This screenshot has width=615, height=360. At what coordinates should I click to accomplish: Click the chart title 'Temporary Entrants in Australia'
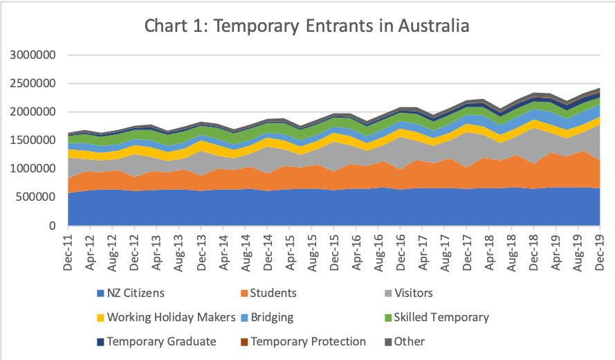[307, 26]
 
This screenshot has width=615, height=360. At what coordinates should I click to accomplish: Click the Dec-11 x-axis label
[68, 251]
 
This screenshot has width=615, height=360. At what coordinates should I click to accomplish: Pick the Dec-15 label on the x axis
[334, 251]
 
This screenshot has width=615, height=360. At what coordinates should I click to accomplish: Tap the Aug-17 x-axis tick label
[446, 251]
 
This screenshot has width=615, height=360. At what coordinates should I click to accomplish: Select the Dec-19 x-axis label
[600, 251]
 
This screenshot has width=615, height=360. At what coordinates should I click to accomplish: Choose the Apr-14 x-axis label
[223, 251]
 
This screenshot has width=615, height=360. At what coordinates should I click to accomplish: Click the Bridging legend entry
[272, 317]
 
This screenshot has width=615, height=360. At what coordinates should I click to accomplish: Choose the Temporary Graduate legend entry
[161, 341]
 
